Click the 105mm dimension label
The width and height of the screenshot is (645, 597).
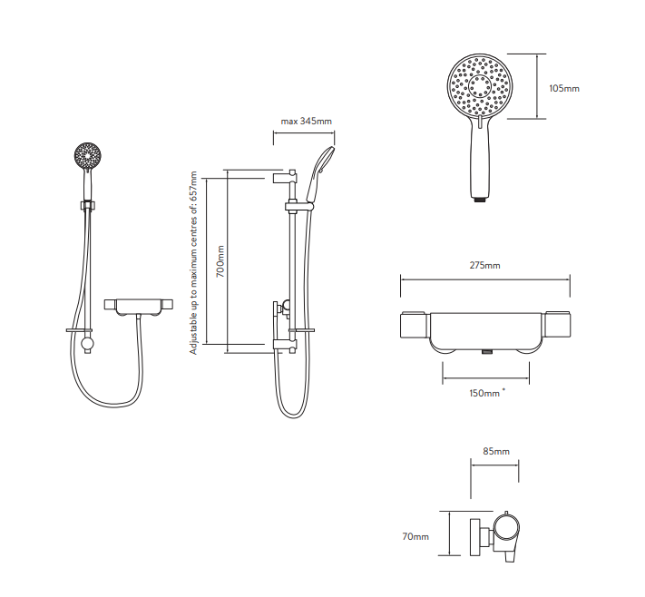(564, 88)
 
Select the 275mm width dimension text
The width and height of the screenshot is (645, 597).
(485, 266)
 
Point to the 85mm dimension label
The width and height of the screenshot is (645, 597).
(495, 451)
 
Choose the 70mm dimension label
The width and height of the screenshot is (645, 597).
(415, 537)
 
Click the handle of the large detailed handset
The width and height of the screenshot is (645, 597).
(479, 159)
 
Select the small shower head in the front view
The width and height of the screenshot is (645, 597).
(89, 156)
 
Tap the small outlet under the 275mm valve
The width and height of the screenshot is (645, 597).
(485, 349)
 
